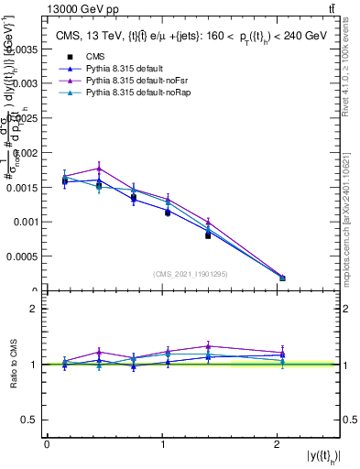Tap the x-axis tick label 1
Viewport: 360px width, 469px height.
[162, 445]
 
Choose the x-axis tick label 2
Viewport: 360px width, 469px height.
[278, 445]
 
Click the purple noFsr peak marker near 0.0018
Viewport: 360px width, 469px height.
[99, 168]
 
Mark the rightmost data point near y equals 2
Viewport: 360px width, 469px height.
[282, 278]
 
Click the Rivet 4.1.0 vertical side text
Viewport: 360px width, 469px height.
[350, 82]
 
